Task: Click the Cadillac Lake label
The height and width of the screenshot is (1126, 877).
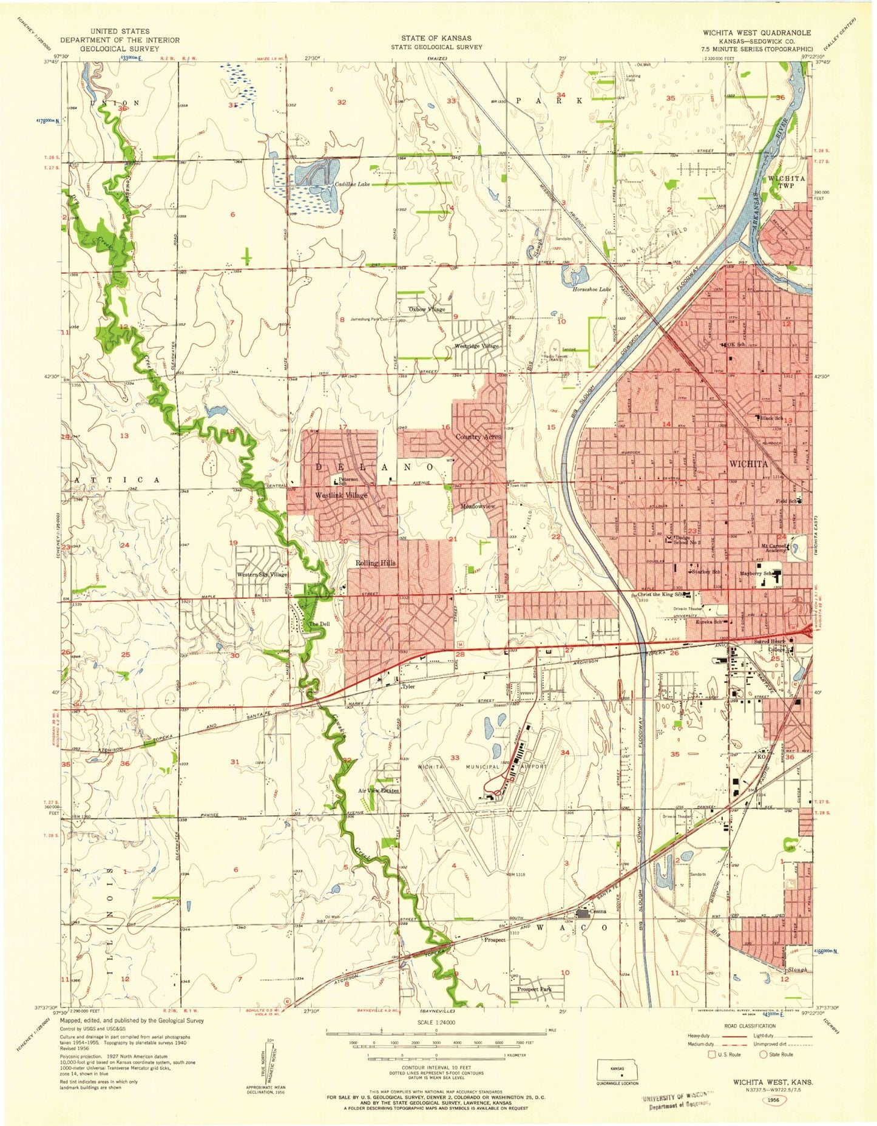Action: click(353, 184)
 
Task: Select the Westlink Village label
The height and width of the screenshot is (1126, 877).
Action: click(341, 495)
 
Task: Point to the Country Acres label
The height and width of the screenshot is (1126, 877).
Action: click(478, 436)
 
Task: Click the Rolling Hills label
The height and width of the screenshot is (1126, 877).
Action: click(375, 563)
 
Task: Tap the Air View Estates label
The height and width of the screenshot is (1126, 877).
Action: click(378, 790)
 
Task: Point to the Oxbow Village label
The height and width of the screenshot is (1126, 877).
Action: click(427, 309)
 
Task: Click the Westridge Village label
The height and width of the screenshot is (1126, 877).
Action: click(476, 346)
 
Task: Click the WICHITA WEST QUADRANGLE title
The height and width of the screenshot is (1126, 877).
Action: click(756, 32)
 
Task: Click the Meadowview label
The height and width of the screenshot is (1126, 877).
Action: click(478, 506)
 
